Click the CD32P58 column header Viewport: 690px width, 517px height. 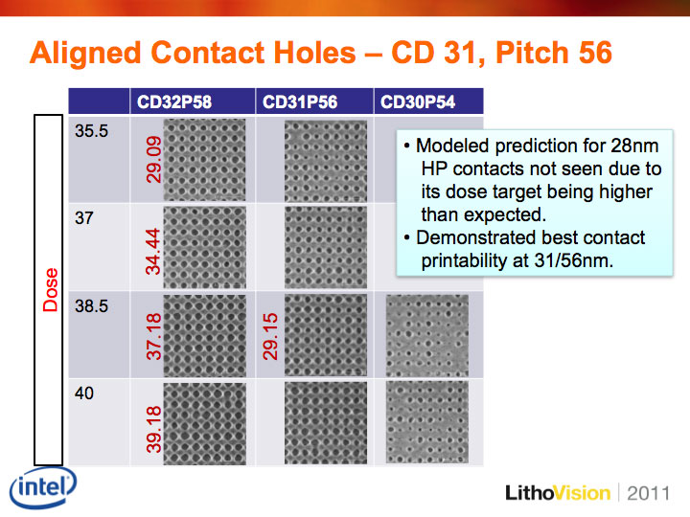point(174,102)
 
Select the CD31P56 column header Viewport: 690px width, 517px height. point(300,102)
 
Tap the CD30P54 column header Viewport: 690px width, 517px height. point(418,102)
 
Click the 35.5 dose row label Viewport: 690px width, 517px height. point(92,131)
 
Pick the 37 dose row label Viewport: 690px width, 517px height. point(84,218)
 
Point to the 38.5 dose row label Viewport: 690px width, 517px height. point(92,306)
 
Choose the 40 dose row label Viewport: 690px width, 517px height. point(84,393)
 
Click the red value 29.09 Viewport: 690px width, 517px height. point(153,160)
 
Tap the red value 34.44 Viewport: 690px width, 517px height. point(153,252)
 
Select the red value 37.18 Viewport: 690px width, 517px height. point(153,337)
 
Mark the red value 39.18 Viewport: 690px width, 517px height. point(153,430)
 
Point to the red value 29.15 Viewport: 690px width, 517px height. point(270,337)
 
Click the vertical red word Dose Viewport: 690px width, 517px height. point(50,290)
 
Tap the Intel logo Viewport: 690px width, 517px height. point(43,487)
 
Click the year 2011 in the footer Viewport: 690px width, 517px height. point(649,493)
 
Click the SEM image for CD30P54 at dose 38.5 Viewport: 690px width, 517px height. point(427,336)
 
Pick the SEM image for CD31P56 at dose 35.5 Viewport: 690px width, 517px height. point(326,161)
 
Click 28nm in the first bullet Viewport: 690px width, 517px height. point(634,146)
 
